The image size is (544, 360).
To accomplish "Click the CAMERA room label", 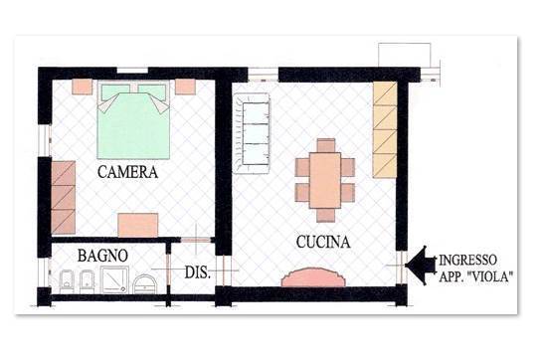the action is point(127,172).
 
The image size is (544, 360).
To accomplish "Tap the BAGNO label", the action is point(102,256).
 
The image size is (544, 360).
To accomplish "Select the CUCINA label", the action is point(323,242).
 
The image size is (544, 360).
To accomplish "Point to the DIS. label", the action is point(197,272).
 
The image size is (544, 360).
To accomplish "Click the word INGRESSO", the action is point(468,260).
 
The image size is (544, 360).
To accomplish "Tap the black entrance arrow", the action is point(421,266).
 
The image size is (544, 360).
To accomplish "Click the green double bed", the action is point(133,119).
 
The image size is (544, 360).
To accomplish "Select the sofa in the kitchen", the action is point(252,133).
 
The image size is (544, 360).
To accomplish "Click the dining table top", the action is point(325,180).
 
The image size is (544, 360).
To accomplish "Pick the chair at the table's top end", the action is point(326,145).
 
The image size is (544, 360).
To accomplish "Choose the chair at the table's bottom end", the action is point(326,215).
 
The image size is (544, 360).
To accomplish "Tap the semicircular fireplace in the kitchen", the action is point(313,277).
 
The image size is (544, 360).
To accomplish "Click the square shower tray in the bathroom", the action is point(114,279).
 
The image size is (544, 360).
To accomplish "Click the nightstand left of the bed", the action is point(83,87).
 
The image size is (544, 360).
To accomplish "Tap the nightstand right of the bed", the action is point(185,87).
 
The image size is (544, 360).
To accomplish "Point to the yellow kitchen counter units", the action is point(385,130).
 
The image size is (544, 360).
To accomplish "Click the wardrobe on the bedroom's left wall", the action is point(64,197).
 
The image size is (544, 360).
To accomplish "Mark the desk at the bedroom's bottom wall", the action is point(137,226).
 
